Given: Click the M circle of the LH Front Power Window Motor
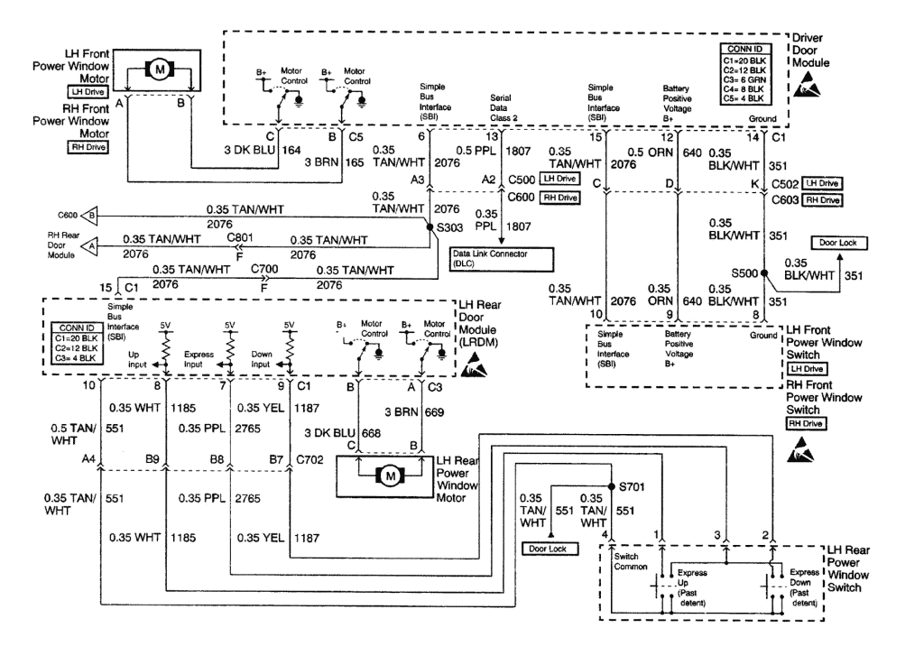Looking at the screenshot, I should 160,69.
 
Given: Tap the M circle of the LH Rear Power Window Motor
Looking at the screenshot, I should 390,475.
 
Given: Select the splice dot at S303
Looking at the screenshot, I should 430,226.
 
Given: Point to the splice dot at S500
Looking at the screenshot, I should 763,272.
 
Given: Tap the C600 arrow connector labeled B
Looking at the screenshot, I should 90,216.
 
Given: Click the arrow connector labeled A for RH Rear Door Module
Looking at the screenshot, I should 90,245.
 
